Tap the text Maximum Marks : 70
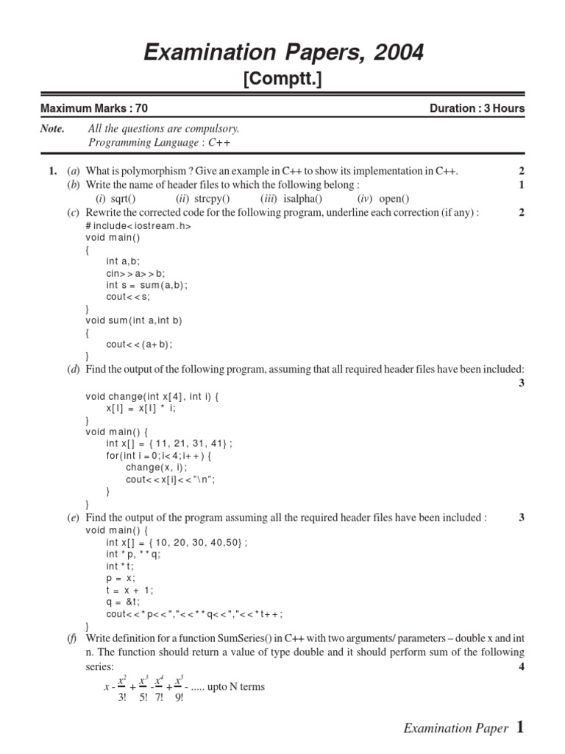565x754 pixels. [x=93, y=108]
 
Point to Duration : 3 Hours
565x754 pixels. [x=477, y=108]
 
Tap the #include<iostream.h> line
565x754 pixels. [x=138, y=226]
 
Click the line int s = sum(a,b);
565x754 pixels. [x=147, y=285]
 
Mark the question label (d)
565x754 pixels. [x=74, y=368]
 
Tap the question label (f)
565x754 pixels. [x=73, y=638]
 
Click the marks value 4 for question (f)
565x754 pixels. [x=521, y=666]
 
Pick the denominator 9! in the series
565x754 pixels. [x=178, y=697]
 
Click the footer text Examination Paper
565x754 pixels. [x=455, y=728]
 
